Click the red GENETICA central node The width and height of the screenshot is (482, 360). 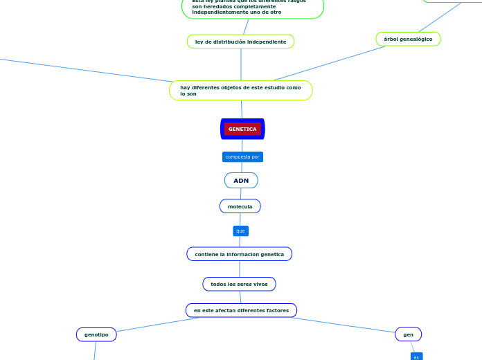pyautogui.click(x=242, y=129)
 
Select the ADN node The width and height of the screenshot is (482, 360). pyautogui.click(x=241, y=181)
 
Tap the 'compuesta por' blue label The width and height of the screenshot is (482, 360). pyautogui.click(x=242, y=157)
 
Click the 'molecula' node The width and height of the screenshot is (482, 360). pyautogui.click(x=240, y=206)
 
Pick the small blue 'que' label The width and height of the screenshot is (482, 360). pyautogui.click(x=240, y=231)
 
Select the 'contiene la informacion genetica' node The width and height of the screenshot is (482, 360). pyautogui.click(x=239, y=254)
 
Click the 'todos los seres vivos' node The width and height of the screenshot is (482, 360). pyautogui.click(x=239, y=284)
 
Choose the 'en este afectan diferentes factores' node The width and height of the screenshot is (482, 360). pyautogui.click(x=241, y=310)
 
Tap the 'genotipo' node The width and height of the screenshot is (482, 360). pyautogui.click(x=96, y=335)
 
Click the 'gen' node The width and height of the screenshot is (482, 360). pyautogui.click(x=408, y=334)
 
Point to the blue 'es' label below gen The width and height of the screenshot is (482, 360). pyautogui.click(x=416, y=357)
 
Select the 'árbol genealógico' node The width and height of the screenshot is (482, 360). pyautogui.click(x=408, y=39)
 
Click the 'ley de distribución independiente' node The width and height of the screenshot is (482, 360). pyautogui.click(x=240, y=42)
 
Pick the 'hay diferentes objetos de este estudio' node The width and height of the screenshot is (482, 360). pyautogui.click(x=240, y=91)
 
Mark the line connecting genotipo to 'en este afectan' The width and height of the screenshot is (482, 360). pyautogui.click(x=156, y=325)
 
